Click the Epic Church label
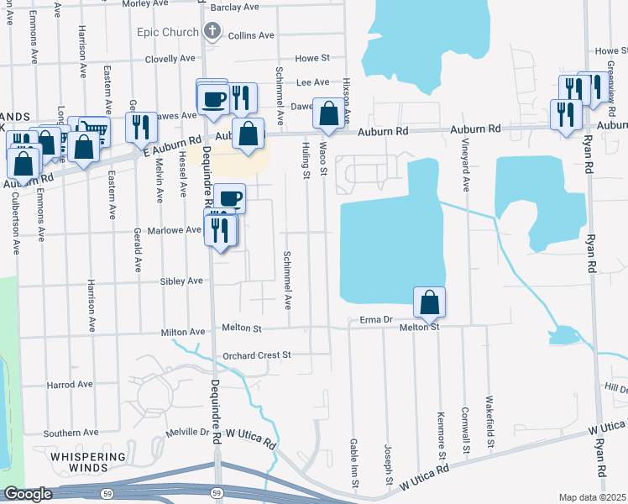pyautogui.click(x=169, y=33)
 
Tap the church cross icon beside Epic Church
pyautogui.click(x=212, y=33)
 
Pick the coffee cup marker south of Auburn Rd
pyautogui.click(x=229, y=198)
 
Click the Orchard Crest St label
pyautogui.click(x=256, y=355)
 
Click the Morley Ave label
pyautogui.click(x=146, y=4)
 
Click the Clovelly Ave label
pyautogui.click(x=170, y=59)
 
